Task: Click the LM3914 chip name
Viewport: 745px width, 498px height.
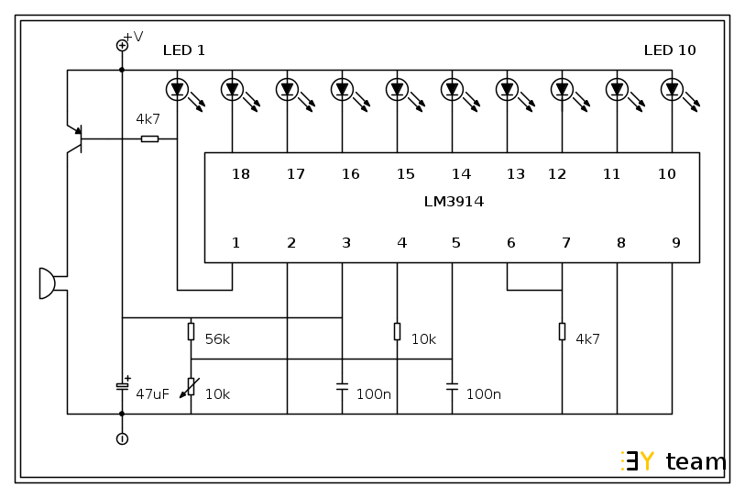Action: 454,202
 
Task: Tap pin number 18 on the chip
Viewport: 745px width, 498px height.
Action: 241,174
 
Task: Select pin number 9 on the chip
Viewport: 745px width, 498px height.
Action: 676,243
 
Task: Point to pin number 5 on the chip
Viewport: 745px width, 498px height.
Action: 456,243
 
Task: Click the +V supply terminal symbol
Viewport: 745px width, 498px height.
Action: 122,45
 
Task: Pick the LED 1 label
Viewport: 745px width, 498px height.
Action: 184,50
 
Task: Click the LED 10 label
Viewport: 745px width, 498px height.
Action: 670,50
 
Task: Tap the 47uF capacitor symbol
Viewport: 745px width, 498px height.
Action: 122,386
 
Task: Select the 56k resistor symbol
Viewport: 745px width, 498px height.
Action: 191,331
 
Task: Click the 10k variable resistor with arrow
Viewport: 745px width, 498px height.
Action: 191,386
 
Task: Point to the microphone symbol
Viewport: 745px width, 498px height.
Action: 47,283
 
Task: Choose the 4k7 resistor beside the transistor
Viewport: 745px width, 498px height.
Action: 149,138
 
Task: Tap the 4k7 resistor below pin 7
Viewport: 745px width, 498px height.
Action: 562,331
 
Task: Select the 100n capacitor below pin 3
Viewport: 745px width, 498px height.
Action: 342,386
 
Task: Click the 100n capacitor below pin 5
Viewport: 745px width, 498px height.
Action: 452,386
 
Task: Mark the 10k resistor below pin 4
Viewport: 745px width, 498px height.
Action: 397,331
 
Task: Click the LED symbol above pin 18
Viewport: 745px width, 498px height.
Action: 232,89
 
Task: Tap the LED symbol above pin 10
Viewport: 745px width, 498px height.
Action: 672,89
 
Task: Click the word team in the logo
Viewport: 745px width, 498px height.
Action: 696,462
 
